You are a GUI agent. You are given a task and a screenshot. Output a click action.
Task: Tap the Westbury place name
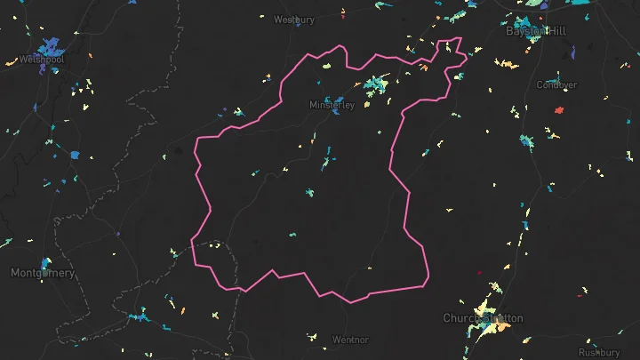point(294,19)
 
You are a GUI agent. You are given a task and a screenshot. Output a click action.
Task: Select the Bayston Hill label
point(533,30)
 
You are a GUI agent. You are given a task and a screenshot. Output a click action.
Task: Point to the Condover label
point(556,85)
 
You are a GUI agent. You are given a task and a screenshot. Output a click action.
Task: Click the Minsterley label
point(332,105)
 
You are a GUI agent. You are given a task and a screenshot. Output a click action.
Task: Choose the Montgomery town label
point(43,273)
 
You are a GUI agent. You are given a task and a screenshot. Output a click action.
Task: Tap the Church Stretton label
point(483,317)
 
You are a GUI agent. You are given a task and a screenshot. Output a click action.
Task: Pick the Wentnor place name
point(349,340)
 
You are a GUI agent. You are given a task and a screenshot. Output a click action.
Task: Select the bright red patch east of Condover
point(559,110)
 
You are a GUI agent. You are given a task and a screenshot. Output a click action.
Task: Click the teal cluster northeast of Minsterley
point(377,84)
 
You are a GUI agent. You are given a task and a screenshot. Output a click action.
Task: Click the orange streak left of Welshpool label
point(12,61)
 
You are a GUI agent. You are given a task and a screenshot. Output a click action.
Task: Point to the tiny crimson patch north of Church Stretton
point(479,272)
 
